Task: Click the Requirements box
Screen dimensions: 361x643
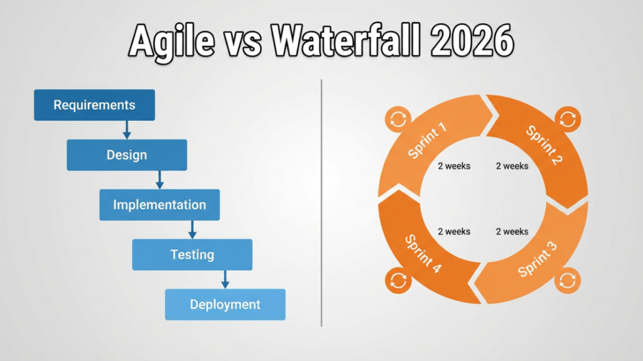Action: pyautogui.click(x=94, y=105)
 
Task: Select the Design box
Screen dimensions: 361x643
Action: pyautogui.click(x=127, y=155)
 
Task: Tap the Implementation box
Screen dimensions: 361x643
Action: pyautogui.click(x=159, y=205)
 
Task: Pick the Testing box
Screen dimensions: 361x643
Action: pyautogui.click(x=192, y=255)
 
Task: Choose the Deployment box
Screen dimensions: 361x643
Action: pyautogui.click(x=225, y=305)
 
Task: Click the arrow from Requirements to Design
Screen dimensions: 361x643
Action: pyautogui.click(x=127, y=130)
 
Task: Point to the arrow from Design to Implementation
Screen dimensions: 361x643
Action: pyautogui.click(x=159, y=180)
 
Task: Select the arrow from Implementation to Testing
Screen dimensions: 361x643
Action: pyautogui.click(x=192, y=229)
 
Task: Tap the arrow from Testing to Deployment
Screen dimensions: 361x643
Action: pyautogui.click(x=225, y=280)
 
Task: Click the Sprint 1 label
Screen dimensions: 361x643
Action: pyautogui.click(x=428, y=141)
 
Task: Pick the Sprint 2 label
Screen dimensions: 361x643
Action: pyautogui.click(x=544, y=145)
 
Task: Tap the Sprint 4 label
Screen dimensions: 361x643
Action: pyautogui.click(x=423, y=254)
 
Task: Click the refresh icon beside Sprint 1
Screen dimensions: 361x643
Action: pyautogui.click(x=399, y=118)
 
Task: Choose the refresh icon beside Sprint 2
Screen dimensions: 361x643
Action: pyautogui.click(x=567, y=118)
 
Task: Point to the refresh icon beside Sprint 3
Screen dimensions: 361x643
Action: pyautogui.click(x=567, y=280)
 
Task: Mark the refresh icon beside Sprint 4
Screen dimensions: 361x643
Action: pyautogui.click(x=399, y=280)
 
